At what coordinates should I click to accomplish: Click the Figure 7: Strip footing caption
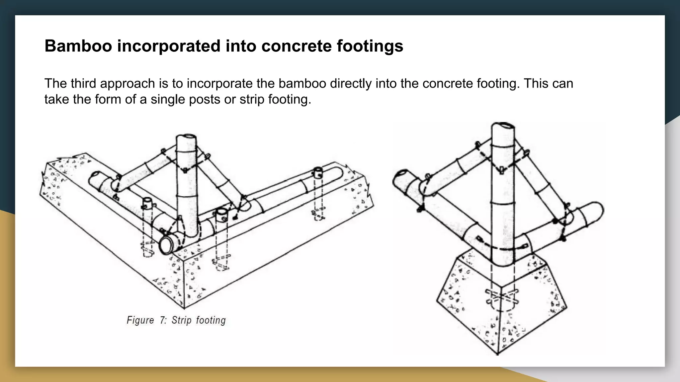coord(176,320)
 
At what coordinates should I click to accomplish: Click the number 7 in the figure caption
coord(162,320)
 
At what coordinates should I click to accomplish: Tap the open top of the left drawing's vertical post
coord(187,138)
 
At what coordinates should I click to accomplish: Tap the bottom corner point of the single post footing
coord(497,354)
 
